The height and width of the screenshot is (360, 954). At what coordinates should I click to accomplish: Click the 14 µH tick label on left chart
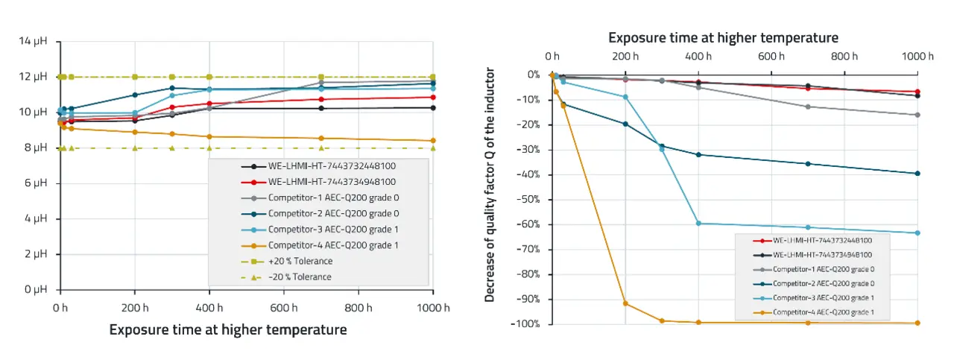coord(34,41)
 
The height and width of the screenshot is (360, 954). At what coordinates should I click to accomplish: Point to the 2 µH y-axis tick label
coord(36,254)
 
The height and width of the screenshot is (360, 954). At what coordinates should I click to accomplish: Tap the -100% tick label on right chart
coord(525,324)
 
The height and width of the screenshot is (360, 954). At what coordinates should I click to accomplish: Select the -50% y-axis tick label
coord(528,200)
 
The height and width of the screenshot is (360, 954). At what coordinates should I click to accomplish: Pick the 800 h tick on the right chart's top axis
coord(844,57)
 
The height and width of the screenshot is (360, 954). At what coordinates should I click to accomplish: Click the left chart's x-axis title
coord(228,329)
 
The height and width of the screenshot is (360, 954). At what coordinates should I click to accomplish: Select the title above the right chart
coord(723,37)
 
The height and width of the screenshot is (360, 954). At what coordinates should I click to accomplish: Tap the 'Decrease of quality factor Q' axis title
coord(490,185)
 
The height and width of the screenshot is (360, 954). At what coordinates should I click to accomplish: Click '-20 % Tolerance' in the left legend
coord(301,277)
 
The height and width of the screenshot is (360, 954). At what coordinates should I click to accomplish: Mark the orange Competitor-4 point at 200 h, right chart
coord(625,303)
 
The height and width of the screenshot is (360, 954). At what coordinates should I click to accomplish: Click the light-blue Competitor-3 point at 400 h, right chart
coord(698,224)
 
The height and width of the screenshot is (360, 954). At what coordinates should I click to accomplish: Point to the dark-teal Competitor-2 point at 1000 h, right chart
coord(917,174)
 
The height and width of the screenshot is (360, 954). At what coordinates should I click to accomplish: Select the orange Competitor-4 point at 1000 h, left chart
coord(433,141)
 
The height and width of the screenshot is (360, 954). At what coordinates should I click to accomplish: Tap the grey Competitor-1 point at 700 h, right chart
coord(808,107)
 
